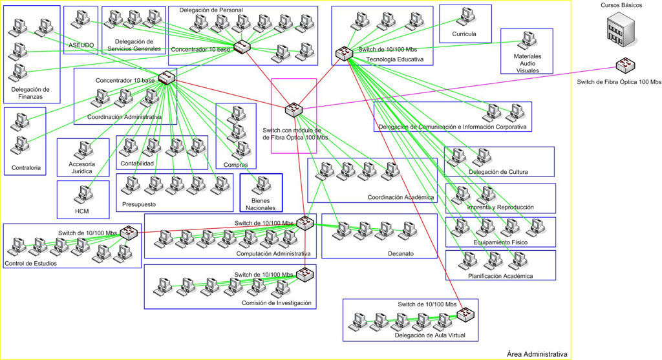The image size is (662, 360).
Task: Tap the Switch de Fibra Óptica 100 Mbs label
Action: pyautogui.click(x=619, y=82)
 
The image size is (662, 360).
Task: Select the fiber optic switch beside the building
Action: pyautogui.click(x=624, y=65)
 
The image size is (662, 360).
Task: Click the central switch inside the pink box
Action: pyautogui.click(x=294, y=109)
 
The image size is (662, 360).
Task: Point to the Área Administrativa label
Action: pyautogui.click(x=537, y=354)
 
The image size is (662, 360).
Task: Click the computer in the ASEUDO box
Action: pyautogui.click(x=81, y=19)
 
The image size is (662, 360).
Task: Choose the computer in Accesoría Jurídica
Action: pyautogui.click(x=82, y=150)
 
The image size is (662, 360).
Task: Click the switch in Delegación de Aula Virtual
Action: pyautogui.click(x=465, y=315)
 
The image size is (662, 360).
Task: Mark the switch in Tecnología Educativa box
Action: pyautogui.click(x=343, y=54)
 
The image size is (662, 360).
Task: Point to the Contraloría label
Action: pyautogui.click(x=26, y=168)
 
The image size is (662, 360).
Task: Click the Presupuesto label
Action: pyautogui.click(x=138, y=205)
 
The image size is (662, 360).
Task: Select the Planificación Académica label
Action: pyautogui.click(x=500, y=276)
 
